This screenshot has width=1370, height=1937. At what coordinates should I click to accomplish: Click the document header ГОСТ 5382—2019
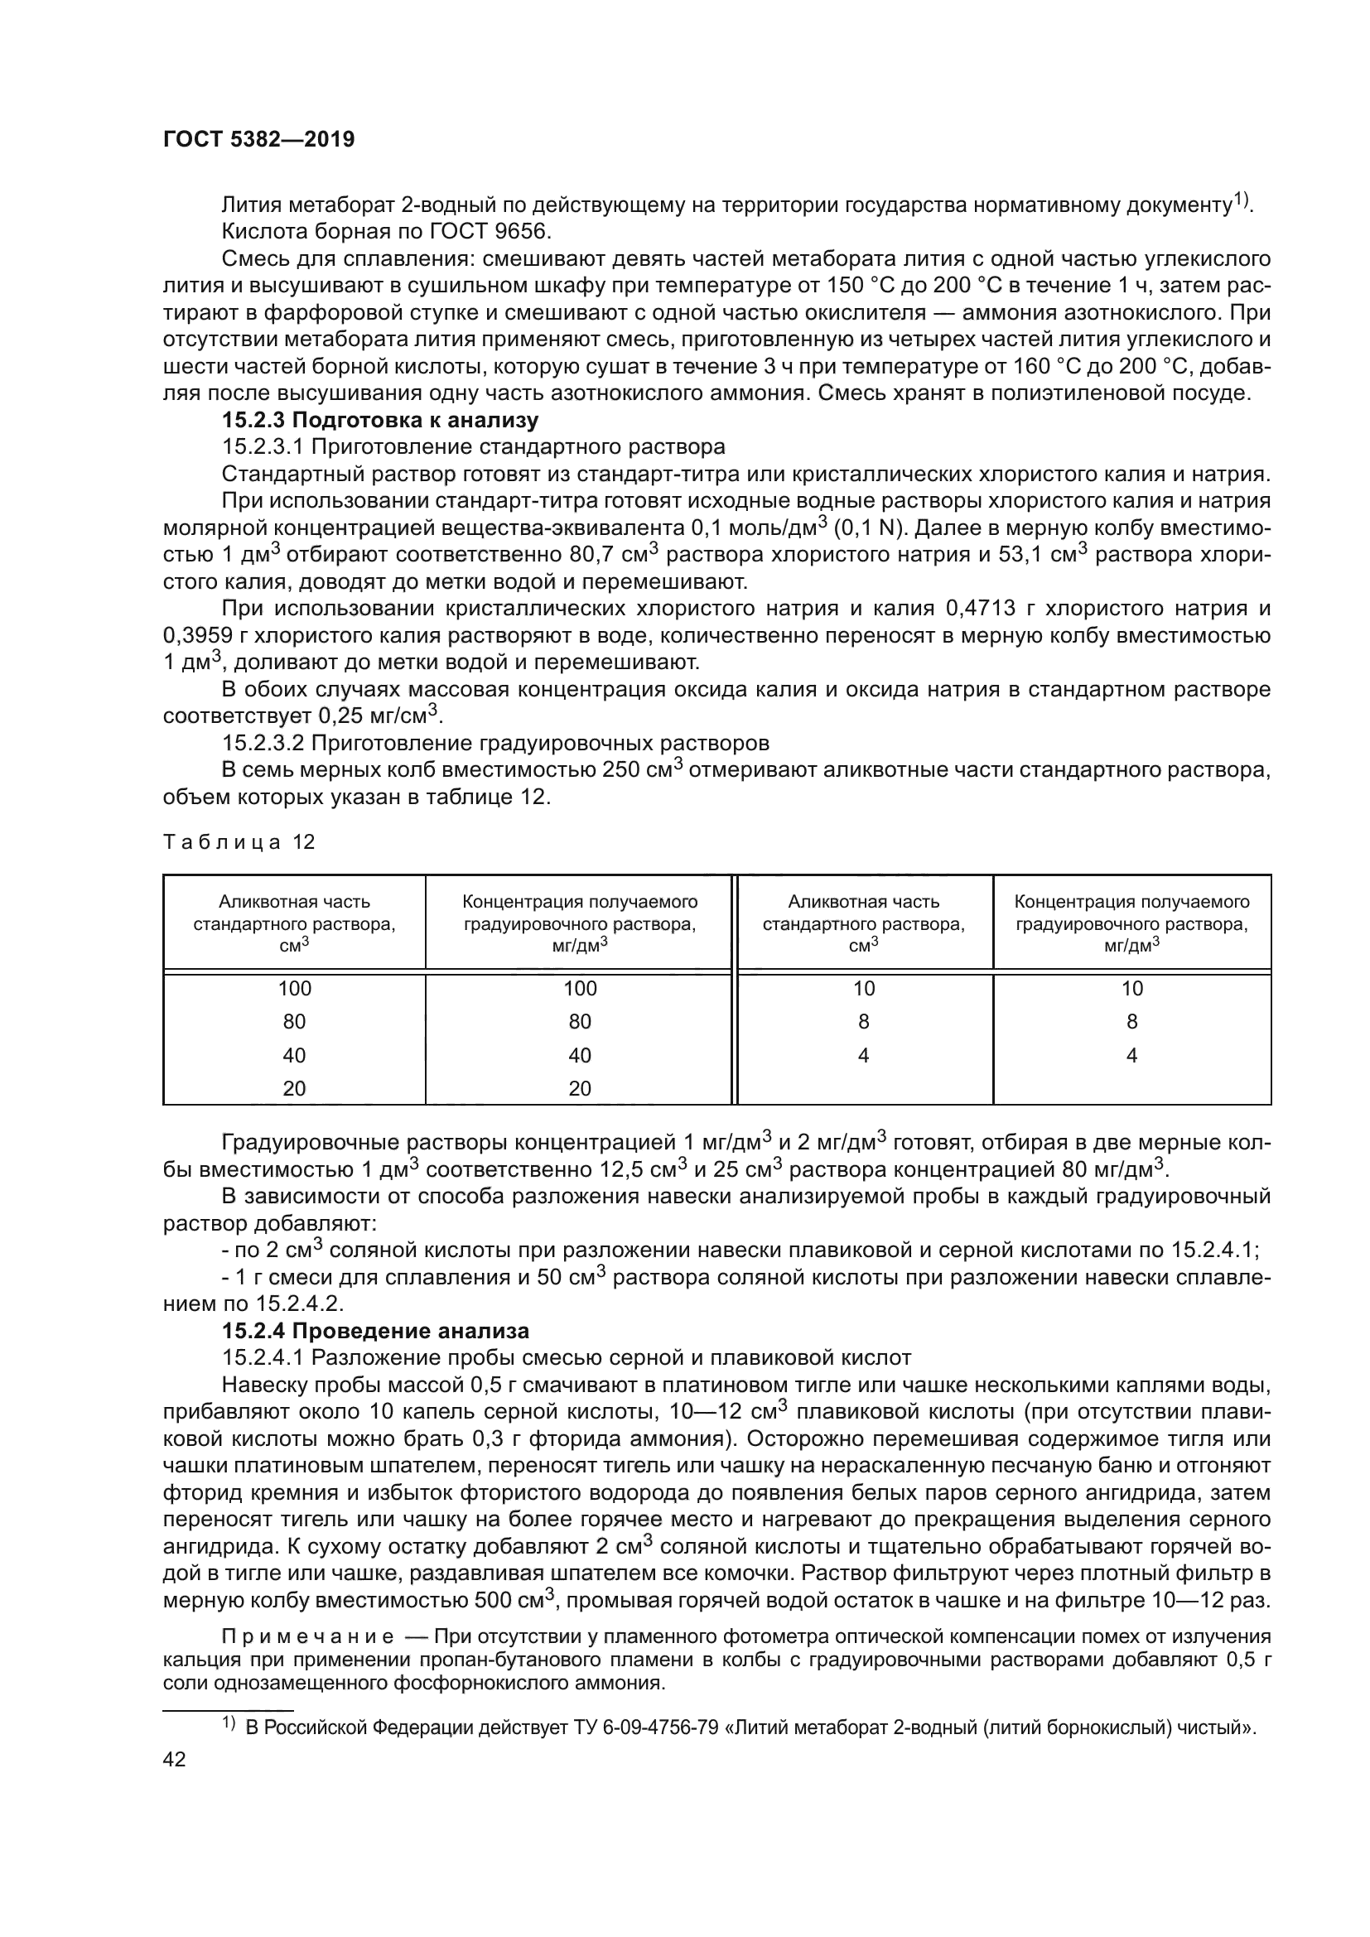coord(259,139)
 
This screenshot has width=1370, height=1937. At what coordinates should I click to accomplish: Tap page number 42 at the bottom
coord(175,1759)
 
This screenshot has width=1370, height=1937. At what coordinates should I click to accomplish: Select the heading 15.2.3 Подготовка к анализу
coord(379,419)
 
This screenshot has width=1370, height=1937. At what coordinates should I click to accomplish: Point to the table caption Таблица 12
coord(239,842)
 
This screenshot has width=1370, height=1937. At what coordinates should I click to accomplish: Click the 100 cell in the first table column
coord(294,988)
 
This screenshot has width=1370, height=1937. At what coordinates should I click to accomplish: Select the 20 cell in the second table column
coord(580,1088)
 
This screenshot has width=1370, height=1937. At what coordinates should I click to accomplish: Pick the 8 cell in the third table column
coord(863,1022)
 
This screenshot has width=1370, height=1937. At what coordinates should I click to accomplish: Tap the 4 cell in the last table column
coord(1131,1055)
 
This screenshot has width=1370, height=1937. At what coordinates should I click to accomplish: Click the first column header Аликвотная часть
coord(294,902)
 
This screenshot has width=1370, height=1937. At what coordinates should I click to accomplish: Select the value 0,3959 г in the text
coord(208,635)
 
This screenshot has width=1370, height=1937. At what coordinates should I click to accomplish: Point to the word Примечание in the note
coord(307,1636)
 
